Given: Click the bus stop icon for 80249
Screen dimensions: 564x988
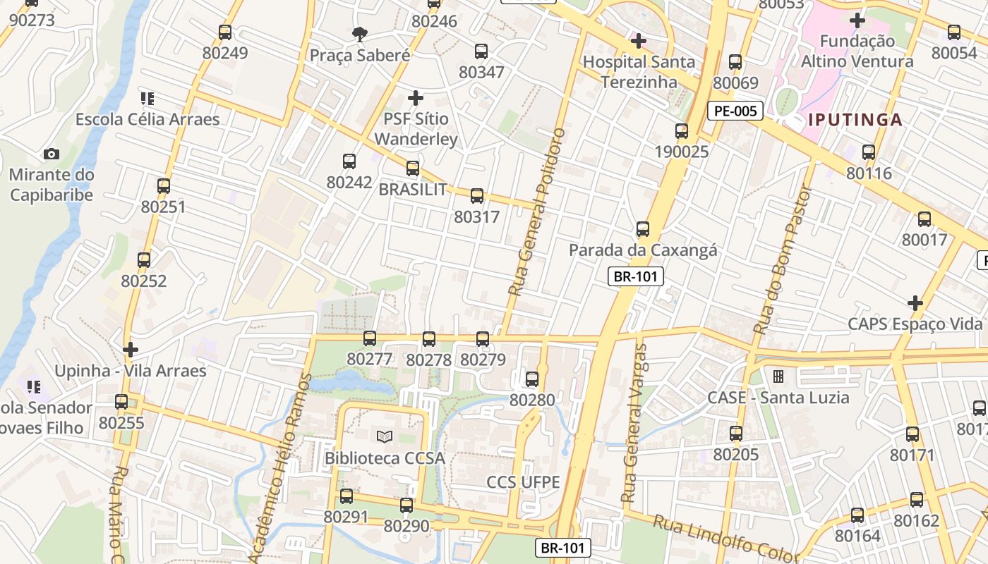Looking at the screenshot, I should [x=225, y=32].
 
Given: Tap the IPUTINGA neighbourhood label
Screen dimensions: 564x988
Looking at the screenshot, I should [x=855, y=119].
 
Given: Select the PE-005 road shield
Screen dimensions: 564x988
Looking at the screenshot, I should [x=735, y=111].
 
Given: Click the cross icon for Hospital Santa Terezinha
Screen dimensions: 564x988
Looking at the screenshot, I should [x=639, y=41].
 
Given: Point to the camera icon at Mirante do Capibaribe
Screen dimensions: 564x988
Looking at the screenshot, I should [x=51, y=154].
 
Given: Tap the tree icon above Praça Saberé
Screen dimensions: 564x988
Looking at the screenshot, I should [x=360, y=33].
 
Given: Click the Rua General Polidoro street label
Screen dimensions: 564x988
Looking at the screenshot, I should [x=538, y=211].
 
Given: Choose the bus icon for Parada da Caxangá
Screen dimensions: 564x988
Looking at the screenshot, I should [x=643, y=229].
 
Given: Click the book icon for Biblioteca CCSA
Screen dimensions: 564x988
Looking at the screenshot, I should [x=385, y=437].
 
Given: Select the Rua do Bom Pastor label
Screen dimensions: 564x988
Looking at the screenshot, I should [x=783, y=259].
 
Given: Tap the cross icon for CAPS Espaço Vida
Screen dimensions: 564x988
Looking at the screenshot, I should [x=915, y=303].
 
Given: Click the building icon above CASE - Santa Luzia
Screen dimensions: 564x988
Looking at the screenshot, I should [x=778, y=376].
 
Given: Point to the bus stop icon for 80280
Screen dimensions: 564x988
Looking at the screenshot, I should [x=532, y=379].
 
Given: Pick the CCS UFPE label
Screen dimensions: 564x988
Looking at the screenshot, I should [x=523, y=482].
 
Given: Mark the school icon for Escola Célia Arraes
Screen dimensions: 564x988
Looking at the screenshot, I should [x=147, y=98].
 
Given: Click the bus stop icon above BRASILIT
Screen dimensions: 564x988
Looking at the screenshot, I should [x=413, y=168].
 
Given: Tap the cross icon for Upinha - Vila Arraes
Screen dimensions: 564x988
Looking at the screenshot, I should [x=131, y=350].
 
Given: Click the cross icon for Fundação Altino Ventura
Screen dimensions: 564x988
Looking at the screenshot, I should [x=857, y=20].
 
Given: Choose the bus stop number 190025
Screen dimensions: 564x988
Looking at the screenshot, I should [x=681, y=152].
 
